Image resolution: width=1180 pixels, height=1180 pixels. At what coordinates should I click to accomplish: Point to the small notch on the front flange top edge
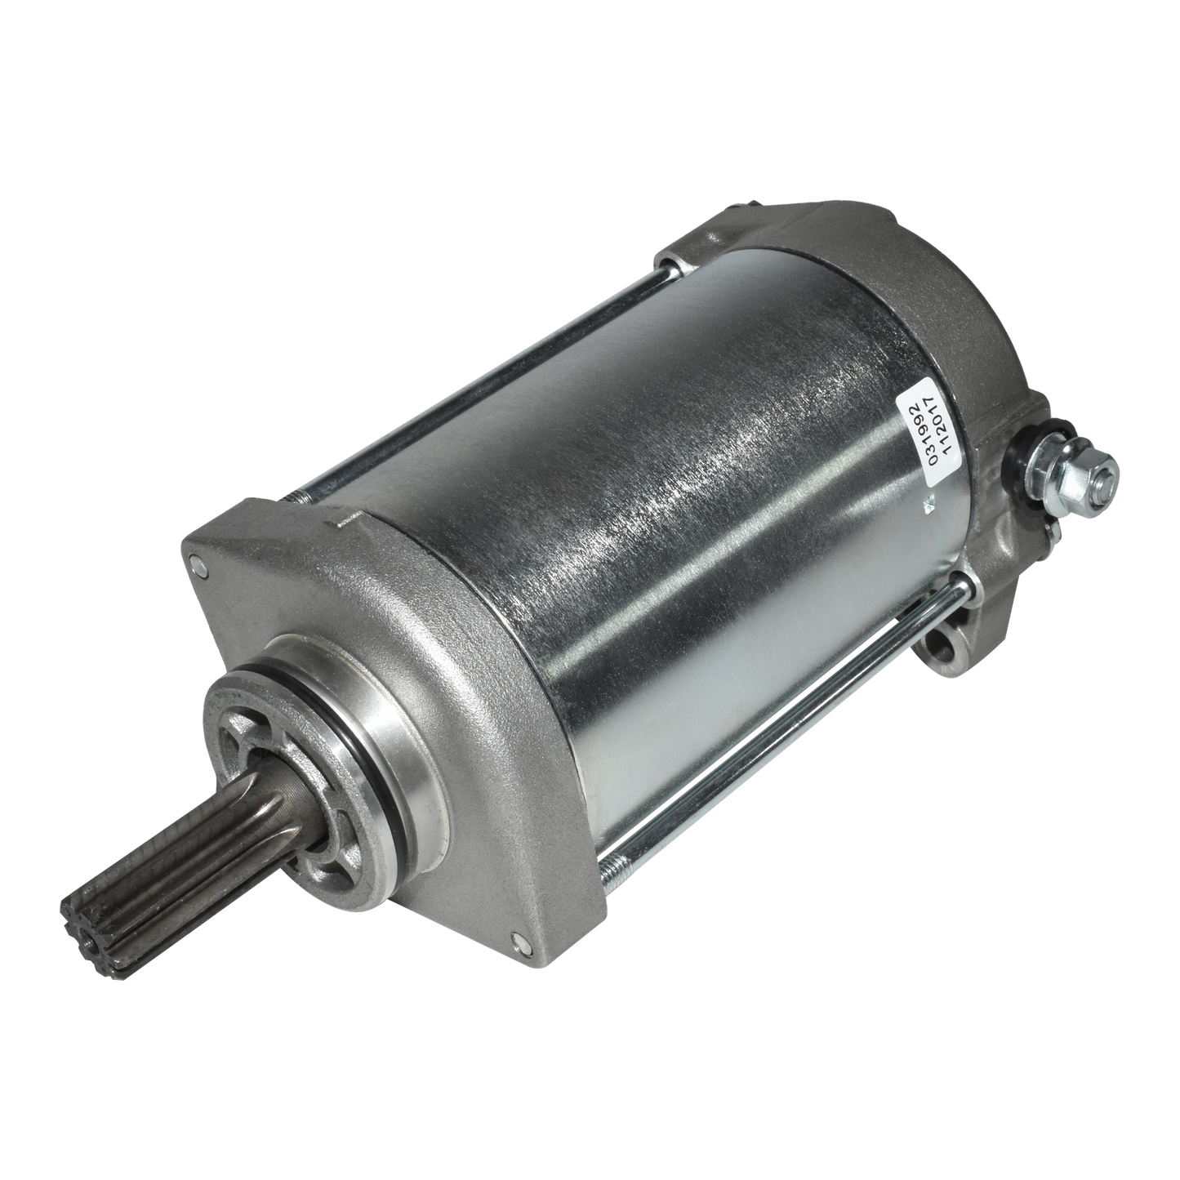pyautogui.click(x=342, y=523)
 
